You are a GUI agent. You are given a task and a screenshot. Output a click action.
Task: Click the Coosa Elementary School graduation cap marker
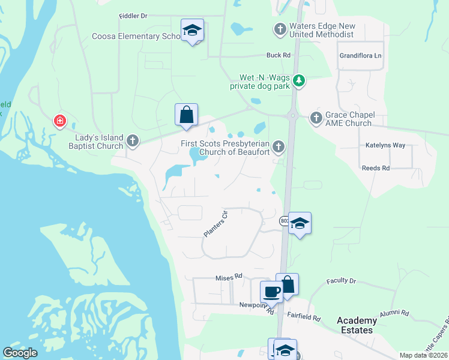192,31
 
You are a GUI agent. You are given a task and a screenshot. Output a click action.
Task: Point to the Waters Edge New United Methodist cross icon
280,29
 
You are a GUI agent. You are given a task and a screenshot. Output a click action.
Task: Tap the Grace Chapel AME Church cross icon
316,118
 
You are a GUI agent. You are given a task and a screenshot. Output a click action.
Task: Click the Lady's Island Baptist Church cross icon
133,142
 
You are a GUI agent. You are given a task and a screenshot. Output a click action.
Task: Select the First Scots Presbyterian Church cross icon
278,146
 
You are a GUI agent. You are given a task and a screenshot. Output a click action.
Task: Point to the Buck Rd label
279,55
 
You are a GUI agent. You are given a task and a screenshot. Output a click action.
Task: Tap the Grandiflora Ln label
360,56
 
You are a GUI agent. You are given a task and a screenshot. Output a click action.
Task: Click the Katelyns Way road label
385,145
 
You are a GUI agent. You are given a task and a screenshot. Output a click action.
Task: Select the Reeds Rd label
376,169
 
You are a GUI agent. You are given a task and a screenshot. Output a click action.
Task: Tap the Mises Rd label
228,277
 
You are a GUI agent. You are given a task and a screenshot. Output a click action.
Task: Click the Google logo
20,353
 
